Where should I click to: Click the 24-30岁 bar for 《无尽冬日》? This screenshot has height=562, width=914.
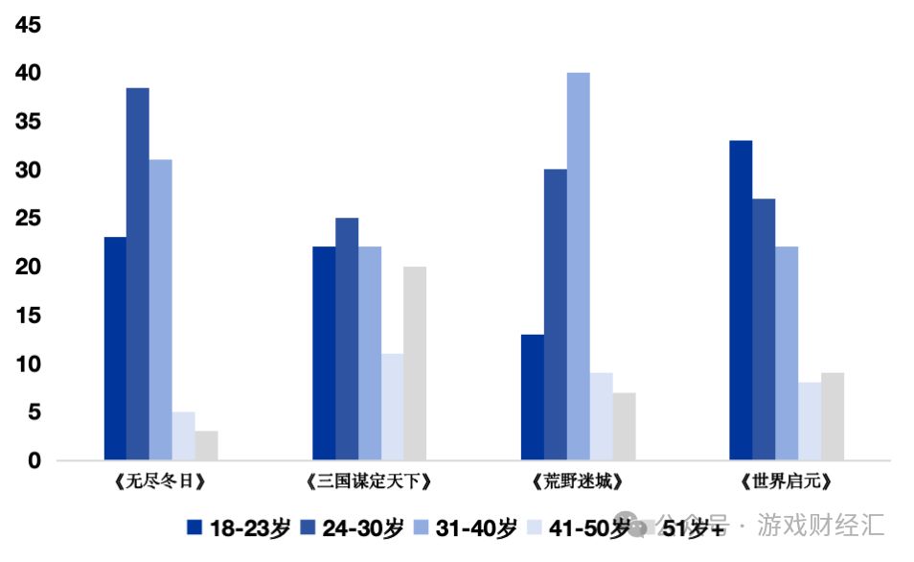(138, 273)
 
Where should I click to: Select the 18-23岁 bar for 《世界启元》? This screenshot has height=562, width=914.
(741, 300)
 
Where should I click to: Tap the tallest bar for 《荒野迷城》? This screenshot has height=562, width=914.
(578, 266)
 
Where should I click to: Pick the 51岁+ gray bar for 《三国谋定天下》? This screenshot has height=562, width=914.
(414, 363)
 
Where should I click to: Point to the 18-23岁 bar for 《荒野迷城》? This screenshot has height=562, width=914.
(532, 397)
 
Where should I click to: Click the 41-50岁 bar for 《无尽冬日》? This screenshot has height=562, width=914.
(184, 436)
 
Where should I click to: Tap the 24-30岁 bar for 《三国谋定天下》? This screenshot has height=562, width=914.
(347, 339)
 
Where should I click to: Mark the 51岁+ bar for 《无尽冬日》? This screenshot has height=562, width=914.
(207, 446)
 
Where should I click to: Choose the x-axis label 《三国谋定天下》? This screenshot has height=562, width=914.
(370, 480)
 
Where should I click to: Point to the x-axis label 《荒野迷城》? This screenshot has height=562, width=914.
(577, 480)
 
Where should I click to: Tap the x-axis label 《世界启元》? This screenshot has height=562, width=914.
(785, 480)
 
